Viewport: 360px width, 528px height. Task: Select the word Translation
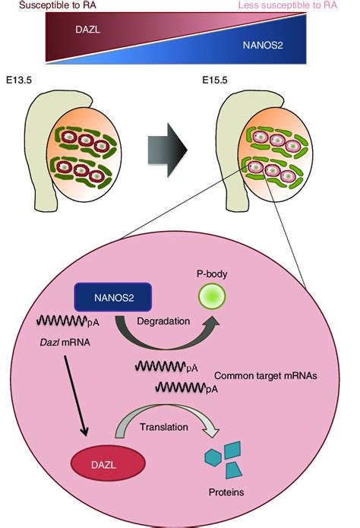[163, 427]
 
